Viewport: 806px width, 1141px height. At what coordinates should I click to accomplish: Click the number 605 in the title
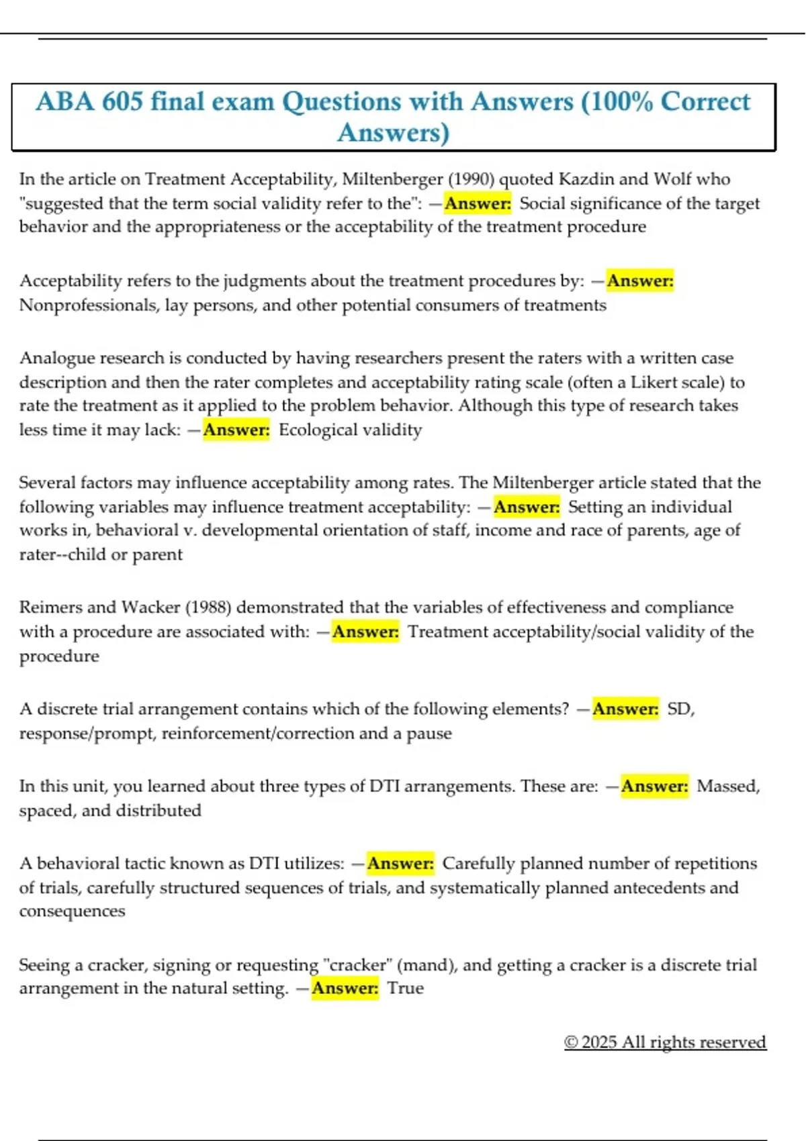point(122,101)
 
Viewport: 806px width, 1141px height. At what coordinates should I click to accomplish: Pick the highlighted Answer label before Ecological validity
point(236,430)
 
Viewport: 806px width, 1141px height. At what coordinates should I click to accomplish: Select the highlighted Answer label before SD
point(625,709)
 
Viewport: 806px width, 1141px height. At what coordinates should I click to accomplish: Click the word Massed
point(727,786)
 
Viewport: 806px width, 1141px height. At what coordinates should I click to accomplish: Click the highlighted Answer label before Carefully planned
point(401,863)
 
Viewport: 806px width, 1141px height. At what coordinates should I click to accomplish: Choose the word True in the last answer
point(406,988)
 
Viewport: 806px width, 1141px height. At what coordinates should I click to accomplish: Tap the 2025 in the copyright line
point(599,1042)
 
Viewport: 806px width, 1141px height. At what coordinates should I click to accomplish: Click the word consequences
point(72,911)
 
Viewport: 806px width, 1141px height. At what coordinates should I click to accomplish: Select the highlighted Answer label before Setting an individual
point(527,507)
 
